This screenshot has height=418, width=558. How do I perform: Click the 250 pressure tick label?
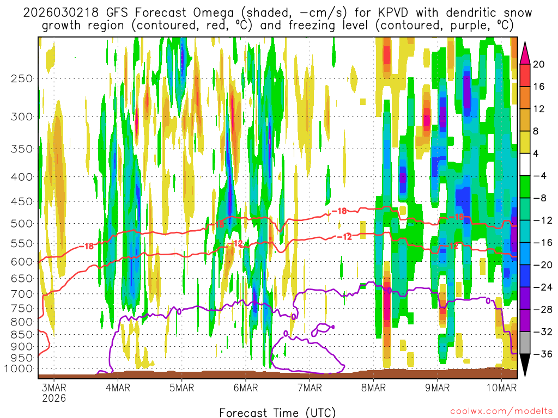click(x=22, y=78)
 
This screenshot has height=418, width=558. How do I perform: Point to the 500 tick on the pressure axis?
click(x=22, y=223)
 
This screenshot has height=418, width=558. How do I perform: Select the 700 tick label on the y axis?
click(x=22, y=294)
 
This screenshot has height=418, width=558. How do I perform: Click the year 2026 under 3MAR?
click(x=54, y=398)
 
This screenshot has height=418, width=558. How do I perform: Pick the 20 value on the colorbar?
click(x=539, y=64)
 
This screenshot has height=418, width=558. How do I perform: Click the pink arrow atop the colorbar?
click(x=526, y=52)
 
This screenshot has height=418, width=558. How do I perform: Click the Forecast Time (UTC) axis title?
click(x=278, y=412)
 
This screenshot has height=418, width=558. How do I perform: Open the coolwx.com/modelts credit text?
click(x=502, y=412)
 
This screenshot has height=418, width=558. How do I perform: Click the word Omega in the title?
click(x=189, y=13)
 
